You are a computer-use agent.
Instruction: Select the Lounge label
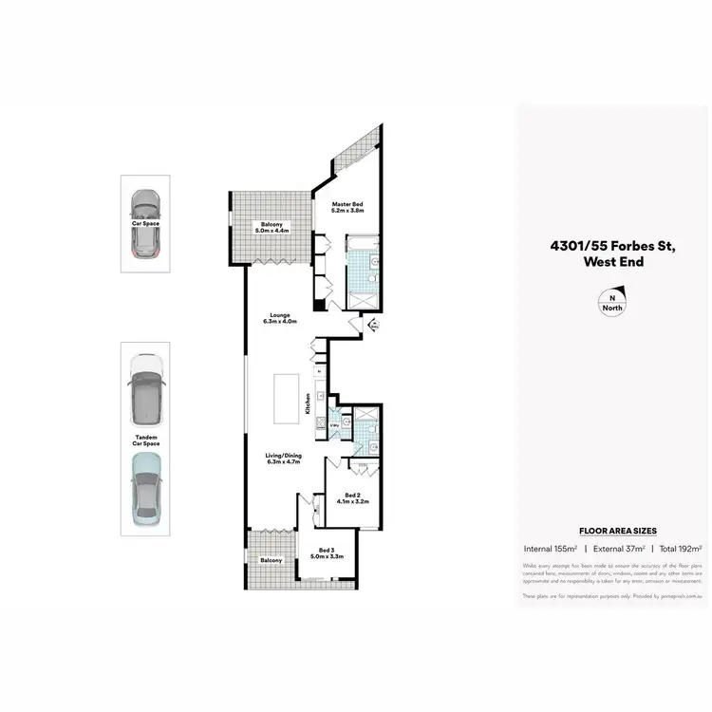[280, 315]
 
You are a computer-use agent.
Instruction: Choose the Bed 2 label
[351, 496]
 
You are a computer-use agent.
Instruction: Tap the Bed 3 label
[326, 552]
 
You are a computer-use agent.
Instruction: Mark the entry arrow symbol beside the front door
[373, 326]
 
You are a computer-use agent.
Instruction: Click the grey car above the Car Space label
[145, 225]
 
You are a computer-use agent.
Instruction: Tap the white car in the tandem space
[145, 390]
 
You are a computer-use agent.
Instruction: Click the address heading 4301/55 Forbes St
[611, 246]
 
